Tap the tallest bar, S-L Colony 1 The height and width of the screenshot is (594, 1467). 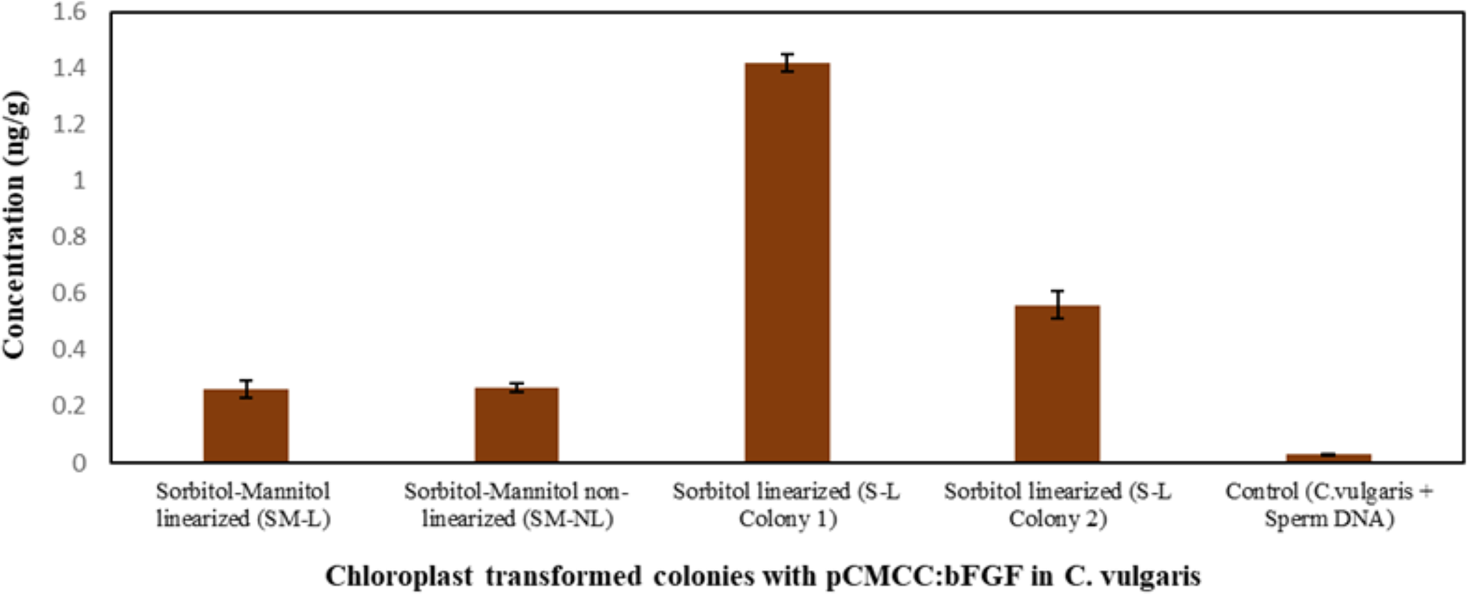[x=787, y=264]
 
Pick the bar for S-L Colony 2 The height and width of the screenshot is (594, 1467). [x=1057, y=384]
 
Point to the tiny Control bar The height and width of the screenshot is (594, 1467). [x=1328, y=458]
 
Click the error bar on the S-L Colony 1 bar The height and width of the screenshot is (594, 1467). [x=787, y=62]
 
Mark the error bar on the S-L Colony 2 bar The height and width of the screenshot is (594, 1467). [x=1057, y=305]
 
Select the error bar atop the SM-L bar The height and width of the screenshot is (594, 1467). [x=246, y=389]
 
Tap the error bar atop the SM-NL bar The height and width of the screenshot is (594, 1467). [x=516, y=387]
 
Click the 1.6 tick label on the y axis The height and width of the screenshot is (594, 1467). [x=69, y=12]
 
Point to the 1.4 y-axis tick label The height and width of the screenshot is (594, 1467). [x=69, y=68]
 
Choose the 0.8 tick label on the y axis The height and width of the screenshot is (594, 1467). [x=69, y=237]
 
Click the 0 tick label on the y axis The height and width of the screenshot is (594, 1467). [x=79, y=463]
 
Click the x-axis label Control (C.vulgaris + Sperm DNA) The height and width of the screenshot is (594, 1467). [x=1329, y=505]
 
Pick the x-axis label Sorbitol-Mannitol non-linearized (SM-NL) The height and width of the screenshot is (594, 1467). [x=516, y=505]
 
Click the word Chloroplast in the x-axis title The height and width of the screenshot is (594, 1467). [x=399, y=576]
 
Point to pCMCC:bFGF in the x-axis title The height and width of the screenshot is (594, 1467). [x=924, y=576]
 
